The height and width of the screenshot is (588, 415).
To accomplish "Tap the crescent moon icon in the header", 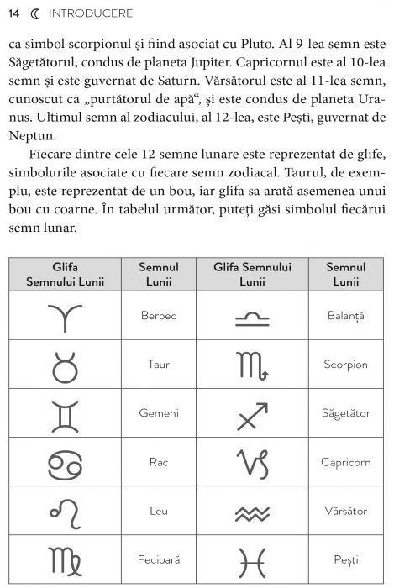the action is [34, 14].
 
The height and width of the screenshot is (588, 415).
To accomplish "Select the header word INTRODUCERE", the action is [87, 14].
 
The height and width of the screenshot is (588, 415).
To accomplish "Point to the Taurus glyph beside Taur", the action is [65, 365].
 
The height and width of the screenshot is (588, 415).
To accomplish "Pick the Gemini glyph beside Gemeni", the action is [65, 413].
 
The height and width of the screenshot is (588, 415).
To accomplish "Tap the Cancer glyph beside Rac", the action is [65, 462].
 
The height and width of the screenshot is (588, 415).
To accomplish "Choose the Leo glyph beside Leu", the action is [65, 510].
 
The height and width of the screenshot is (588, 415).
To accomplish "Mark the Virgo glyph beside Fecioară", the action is [65, 559].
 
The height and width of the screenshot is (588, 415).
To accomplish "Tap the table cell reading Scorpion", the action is [345, 365].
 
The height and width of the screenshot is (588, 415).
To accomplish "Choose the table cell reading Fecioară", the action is [159, 559].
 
